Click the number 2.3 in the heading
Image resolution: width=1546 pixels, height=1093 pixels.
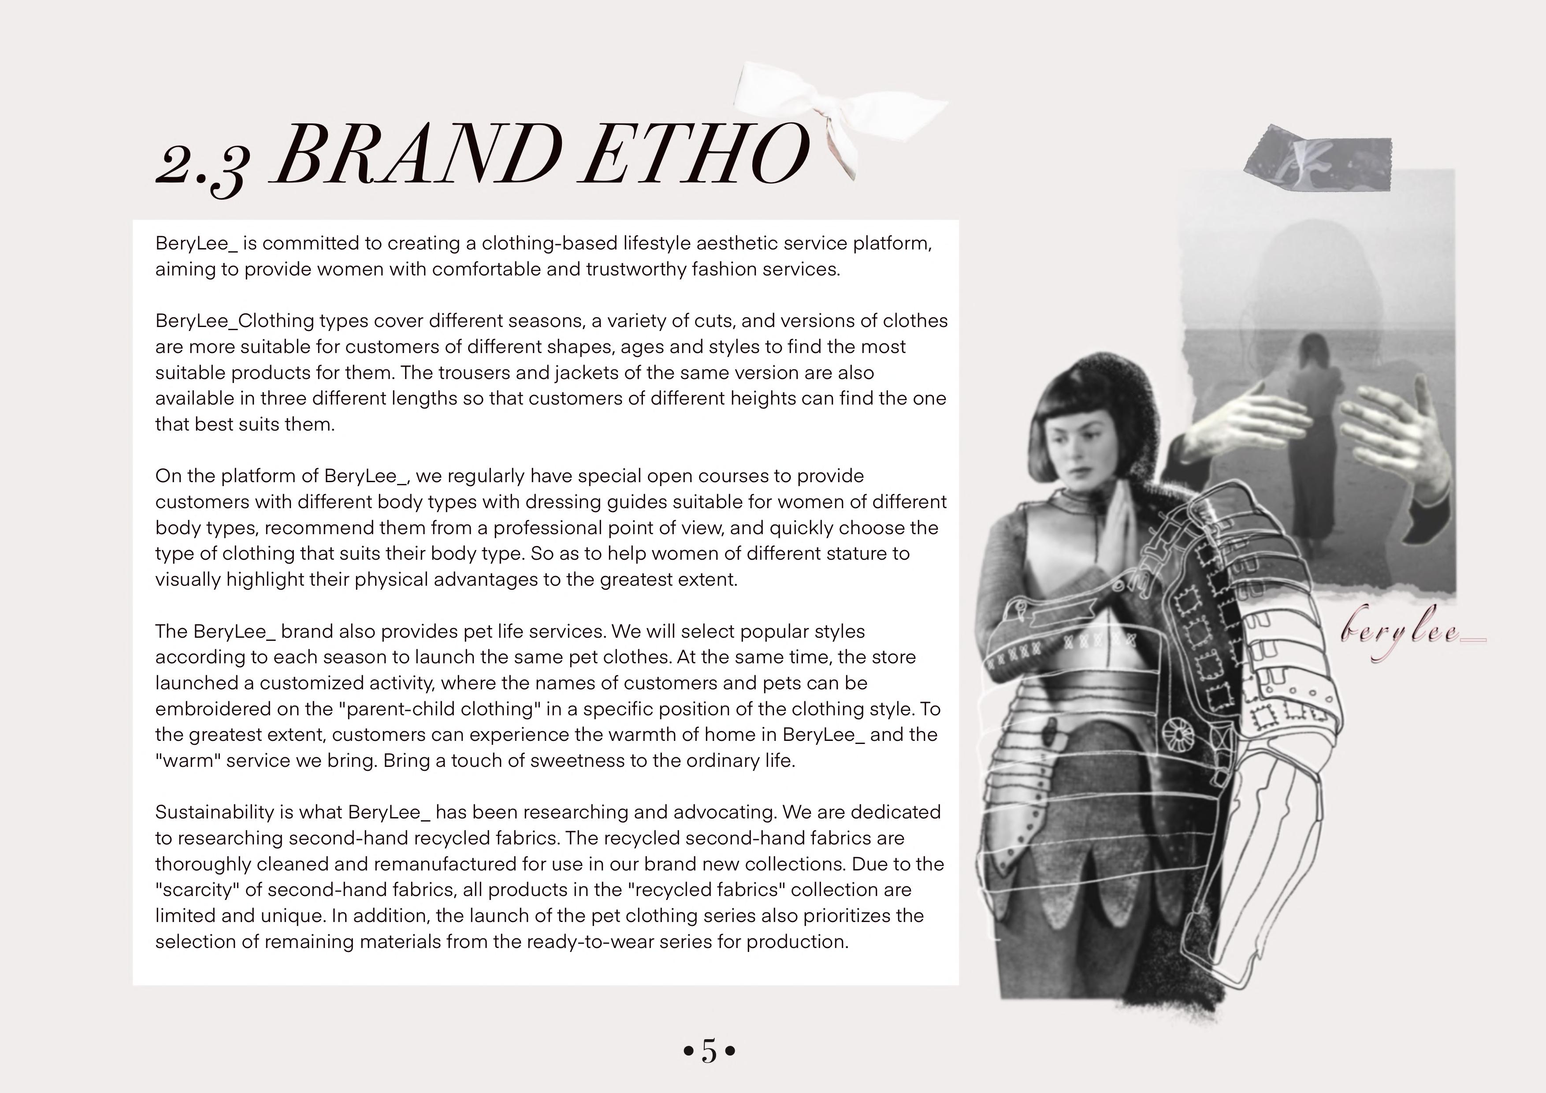[202, 165]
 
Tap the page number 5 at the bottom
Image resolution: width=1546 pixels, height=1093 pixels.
[709, 1051]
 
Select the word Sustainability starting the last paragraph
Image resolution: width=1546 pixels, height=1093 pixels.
[216, 812]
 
